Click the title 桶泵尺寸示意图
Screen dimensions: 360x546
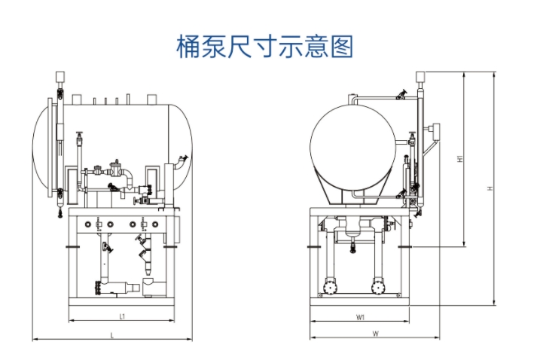[264, 47]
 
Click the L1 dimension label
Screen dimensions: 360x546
[121, 317]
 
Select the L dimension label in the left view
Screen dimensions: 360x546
[113, 334]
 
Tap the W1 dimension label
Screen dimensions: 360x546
[361, 317]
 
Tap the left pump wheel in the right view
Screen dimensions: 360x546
[328, 288]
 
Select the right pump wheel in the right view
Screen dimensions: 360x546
[379, 288]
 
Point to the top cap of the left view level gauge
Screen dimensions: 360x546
[58, 77]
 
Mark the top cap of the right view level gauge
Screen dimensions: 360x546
[420, 76]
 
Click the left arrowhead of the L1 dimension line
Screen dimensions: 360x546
[70, 322]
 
